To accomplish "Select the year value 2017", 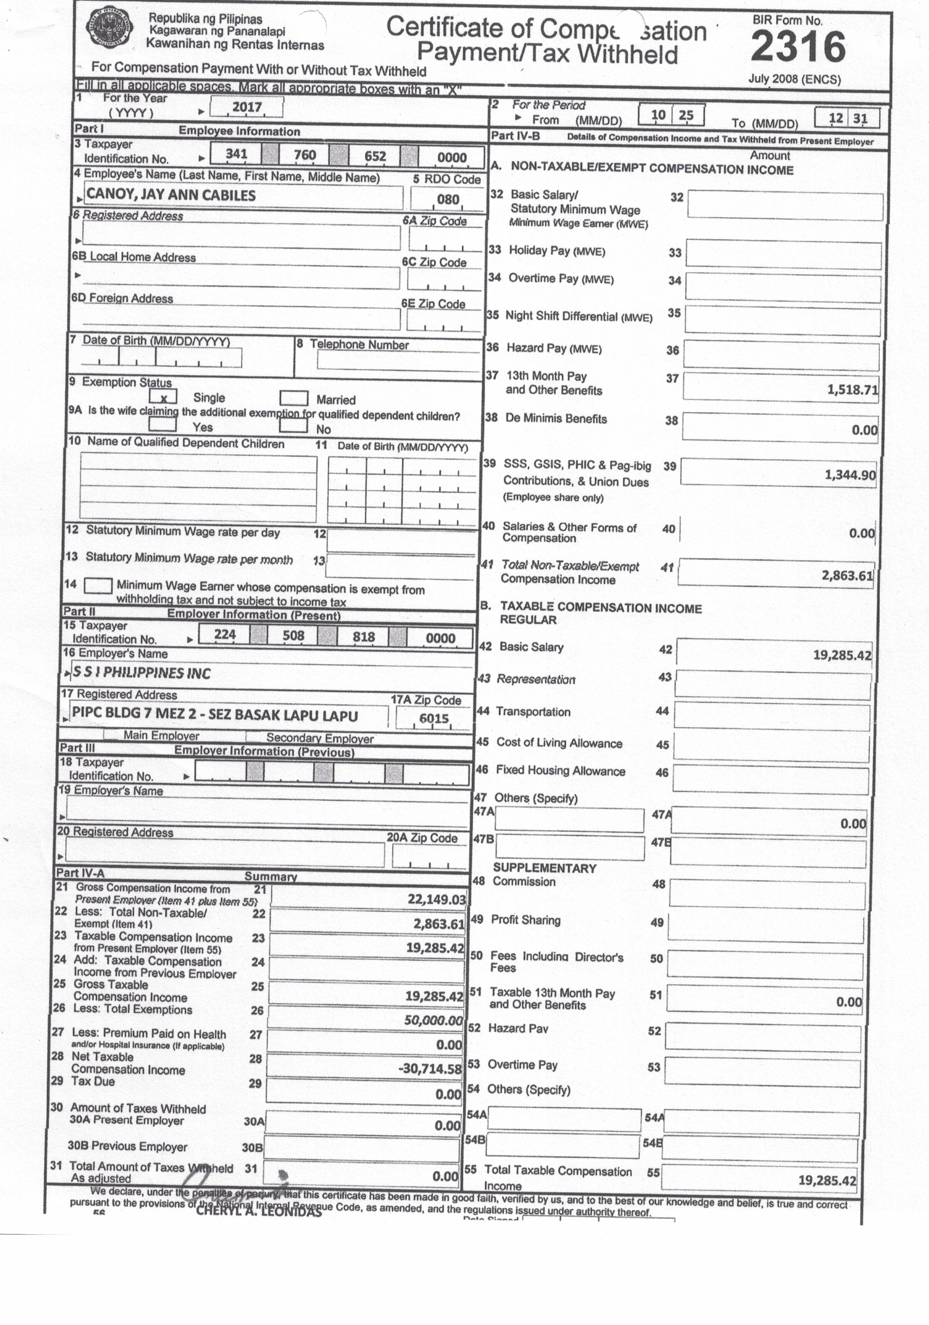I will (247, 107).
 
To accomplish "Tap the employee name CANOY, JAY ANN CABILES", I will (171, 195).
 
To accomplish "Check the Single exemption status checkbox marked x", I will (164, 397).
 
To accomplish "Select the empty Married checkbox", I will (293, 398).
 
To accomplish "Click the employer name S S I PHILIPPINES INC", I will (142, 673).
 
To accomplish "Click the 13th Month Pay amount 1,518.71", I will (852, 389).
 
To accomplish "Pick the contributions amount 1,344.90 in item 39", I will (850, 475).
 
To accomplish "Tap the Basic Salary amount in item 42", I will (842, 655).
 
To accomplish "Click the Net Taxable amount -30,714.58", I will (430, 1069).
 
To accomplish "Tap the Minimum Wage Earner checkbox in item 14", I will (98, 586).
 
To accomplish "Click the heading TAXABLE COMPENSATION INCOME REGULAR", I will (600, 613).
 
